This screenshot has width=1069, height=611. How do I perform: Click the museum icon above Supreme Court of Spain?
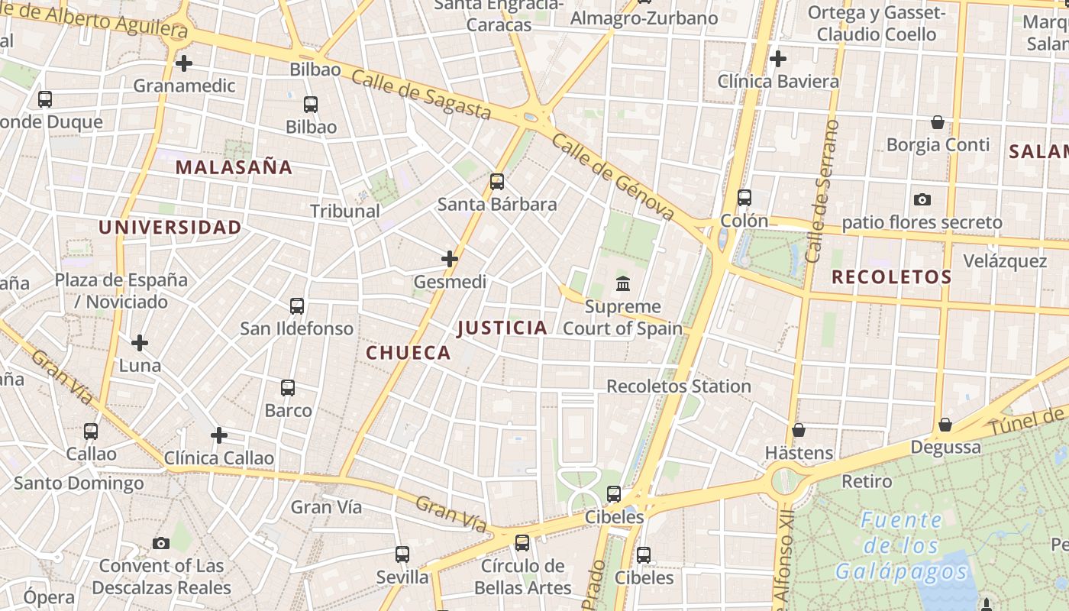coord(623,284)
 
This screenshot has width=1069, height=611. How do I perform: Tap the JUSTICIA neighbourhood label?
coord(502,328)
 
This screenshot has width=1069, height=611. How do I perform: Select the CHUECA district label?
coord(409,353)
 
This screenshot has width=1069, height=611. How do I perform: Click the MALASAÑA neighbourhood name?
coord(234,167)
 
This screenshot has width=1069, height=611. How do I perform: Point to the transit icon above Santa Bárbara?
coord(497,182)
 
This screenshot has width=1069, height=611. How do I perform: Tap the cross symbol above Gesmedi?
coord(450,260)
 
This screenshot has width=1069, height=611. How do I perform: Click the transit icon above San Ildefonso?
coord(297,306)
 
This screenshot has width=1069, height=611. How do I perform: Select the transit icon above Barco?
coord(288,388)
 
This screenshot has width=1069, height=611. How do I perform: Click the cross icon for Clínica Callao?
coord(219,436)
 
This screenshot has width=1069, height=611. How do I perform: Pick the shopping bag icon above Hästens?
coord(799,431)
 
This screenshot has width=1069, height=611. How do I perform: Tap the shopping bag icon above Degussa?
coord(945,425)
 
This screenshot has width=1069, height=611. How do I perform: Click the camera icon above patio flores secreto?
coord(922,200)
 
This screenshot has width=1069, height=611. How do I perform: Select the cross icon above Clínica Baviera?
coord(778,59)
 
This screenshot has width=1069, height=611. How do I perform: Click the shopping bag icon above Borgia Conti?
coord(938,122)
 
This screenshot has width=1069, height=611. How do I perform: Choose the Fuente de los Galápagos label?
coord(902,545)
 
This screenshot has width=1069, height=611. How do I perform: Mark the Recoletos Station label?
coord(679,386)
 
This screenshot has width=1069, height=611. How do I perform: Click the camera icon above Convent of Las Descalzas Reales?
coord(161,544)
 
